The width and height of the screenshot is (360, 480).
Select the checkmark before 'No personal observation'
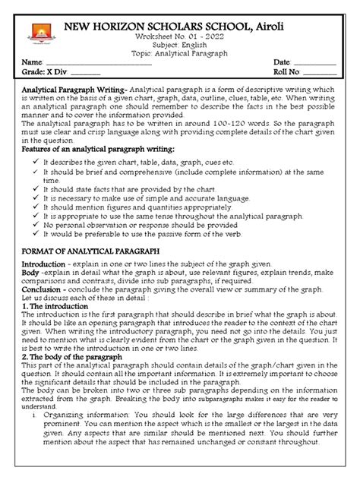[x=34, y=226]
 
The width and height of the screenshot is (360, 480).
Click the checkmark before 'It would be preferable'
[x=34, y=236]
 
